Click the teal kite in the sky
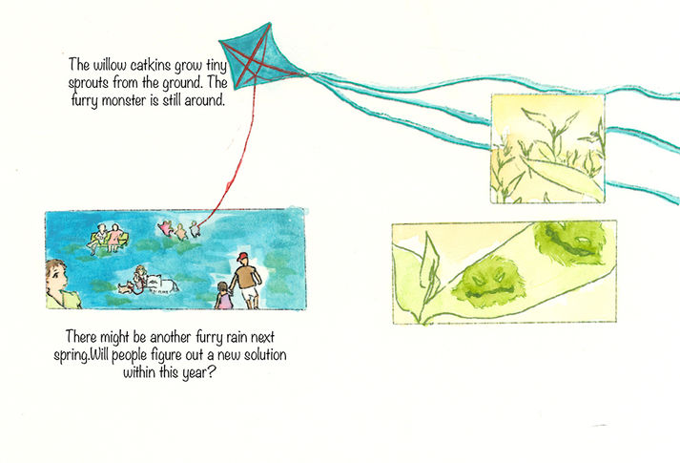coord(258,55)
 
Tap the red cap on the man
coord(242,257)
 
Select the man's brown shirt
coord(246,276)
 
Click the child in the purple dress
coord(223,296)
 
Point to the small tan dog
coord(126,286)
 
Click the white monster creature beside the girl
coord(161,284)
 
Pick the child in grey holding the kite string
coord(195,229)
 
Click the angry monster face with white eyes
coord(488,282)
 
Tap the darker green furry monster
coord(569,243)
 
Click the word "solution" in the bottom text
coord(264,355)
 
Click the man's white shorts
coord(248,294)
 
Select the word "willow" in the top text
coord(110,66)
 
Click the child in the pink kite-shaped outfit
coord(167,228)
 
